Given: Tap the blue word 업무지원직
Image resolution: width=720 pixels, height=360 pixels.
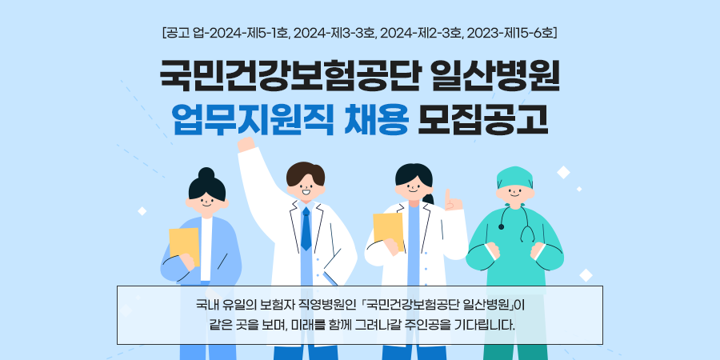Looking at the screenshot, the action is [x=252, y=120].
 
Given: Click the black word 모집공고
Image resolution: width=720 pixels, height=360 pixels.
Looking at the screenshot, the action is [x=482, y=120].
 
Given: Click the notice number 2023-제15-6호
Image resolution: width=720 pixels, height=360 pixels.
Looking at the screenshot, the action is [x=510, y=34].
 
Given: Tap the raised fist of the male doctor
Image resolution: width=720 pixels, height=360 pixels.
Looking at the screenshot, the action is [x=246, y=144].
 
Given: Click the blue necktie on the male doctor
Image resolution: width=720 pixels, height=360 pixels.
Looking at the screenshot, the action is [x=306, y=228].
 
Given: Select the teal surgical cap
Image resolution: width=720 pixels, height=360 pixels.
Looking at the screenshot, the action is [x=514, y=178].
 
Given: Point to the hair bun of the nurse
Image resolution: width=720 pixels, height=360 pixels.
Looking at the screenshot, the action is [x=206, y=174].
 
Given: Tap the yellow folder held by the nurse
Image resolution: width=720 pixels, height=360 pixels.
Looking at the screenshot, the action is [x=184, y=246].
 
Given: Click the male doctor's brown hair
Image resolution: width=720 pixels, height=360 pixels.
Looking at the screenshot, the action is [x=306, y=173].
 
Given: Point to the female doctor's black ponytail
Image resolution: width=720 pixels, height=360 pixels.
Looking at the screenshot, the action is [x=429, y=198].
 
